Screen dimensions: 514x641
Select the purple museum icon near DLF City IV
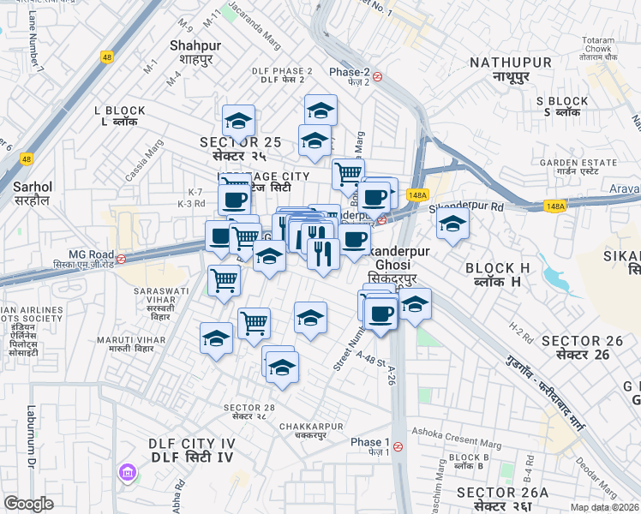(127, 472)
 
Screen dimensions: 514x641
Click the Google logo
(28, 504)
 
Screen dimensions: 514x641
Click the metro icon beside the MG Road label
(122, 259)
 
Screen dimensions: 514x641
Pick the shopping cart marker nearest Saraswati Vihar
(224, 279)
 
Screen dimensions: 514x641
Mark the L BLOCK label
(120, 116)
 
